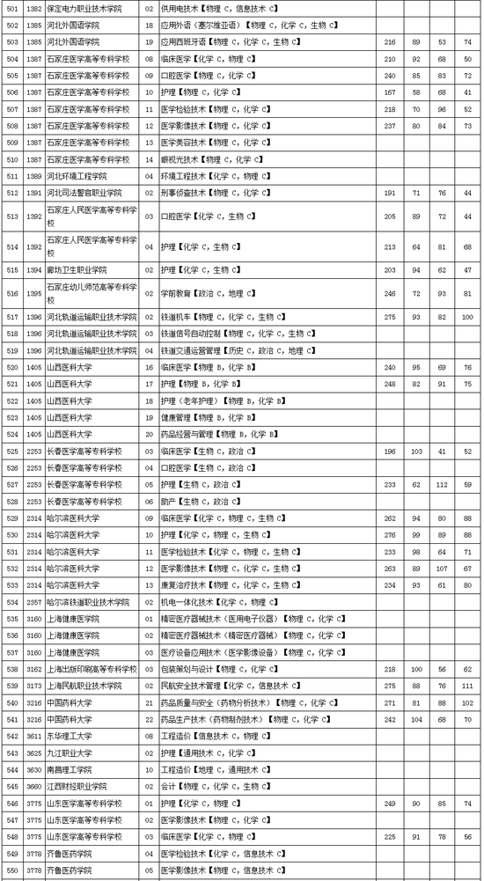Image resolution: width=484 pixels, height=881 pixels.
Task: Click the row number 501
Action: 11,8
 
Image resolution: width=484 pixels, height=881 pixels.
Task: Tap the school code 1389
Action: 34,176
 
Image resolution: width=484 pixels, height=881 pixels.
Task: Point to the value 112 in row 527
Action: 442,484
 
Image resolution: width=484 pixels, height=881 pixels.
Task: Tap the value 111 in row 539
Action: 466,685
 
